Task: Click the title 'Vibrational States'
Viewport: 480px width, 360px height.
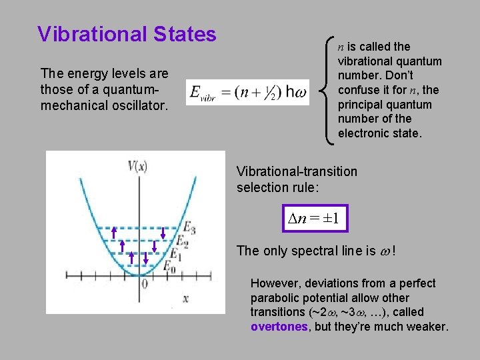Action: [x=127, y=34]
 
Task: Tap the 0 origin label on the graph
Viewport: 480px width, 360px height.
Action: [x=143, y=284]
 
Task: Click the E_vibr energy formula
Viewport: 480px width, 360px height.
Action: [x=247, y=94]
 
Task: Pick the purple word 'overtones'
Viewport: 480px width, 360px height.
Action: [x=279, y=327]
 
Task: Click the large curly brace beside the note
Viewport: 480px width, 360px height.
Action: [x=329, y=90]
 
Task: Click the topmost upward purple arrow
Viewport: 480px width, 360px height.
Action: [x=114, y=233]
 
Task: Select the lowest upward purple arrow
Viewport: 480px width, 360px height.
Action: [x=131, y=258]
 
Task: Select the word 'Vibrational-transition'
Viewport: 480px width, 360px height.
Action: [x=297, y=171]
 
